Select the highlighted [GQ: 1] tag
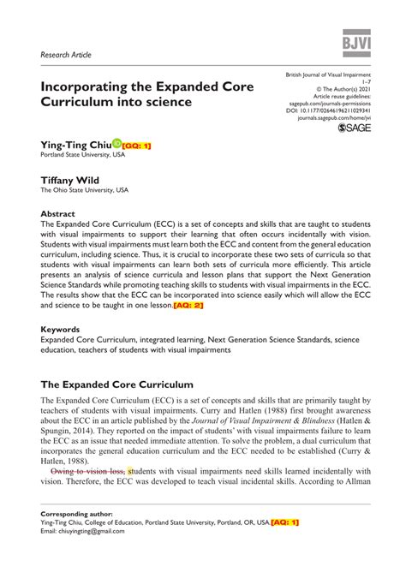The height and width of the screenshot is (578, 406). point(137,146)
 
